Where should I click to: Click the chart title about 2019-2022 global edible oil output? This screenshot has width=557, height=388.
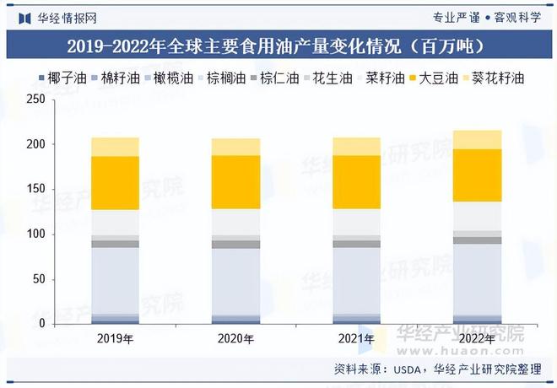[278, 46]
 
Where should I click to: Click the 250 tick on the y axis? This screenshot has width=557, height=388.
[35, 100]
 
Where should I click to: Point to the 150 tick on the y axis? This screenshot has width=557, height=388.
[35, 190]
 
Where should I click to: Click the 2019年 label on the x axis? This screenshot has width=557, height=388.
[115, 339]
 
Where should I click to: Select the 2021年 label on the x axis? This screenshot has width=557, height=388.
[356, 339]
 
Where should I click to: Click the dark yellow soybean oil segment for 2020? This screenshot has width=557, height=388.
[235, 181]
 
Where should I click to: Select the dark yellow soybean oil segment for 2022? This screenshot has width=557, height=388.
[477, 175]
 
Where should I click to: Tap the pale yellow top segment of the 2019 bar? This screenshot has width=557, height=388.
[115, 147]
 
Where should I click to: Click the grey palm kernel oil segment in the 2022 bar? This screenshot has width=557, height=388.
[477, 240]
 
